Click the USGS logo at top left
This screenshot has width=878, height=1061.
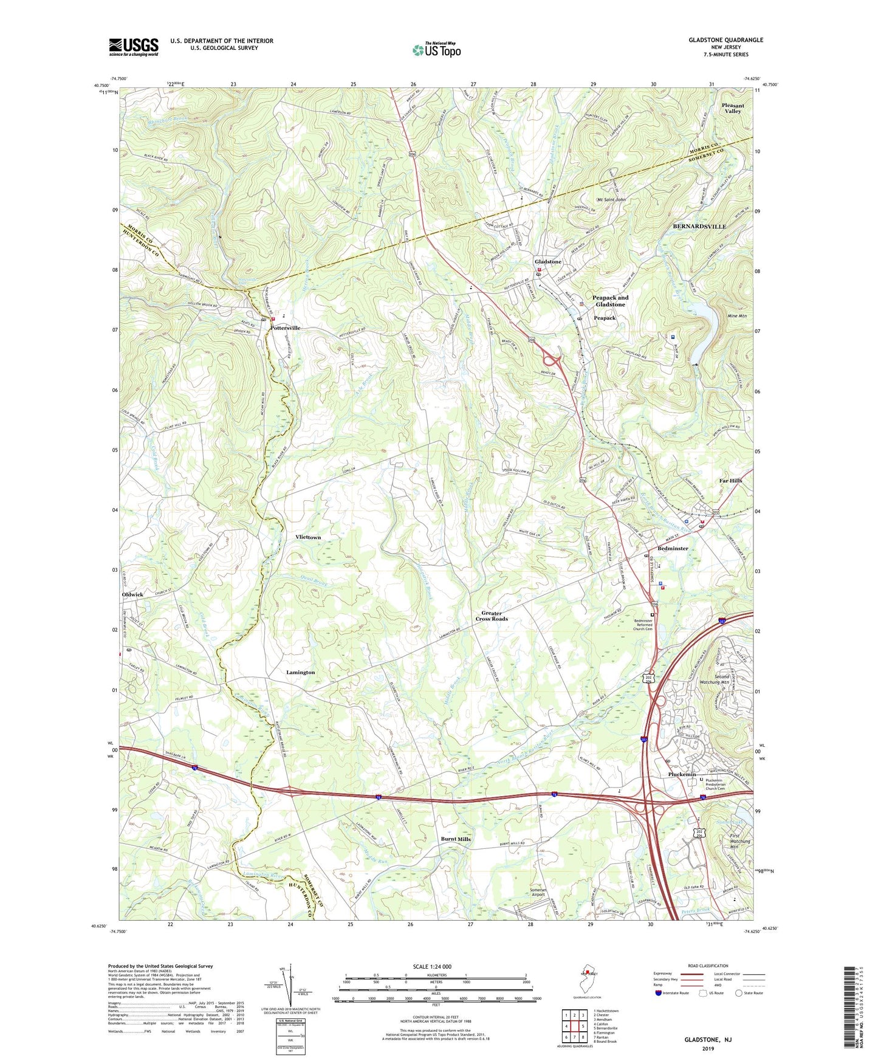click(133, 46)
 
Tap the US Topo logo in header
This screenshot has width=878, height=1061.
click(436, 49)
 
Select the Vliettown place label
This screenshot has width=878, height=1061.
click(308, 538)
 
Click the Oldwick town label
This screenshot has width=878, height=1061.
click(132, 595)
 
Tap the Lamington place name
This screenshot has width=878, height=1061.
click(300, 673)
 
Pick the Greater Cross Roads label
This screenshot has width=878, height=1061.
click(492, 616)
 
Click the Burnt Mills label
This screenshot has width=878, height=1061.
click(456, 839)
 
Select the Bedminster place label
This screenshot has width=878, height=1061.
click(673, 549)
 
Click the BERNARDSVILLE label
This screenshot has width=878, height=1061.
click(699, 227)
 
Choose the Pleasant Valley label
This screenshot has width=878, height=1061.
click(733, 108)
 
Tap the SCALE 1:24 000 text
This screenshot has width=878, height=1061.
click(436, 967)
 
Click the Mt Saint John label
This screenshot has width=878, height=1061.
click(611, 199)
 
